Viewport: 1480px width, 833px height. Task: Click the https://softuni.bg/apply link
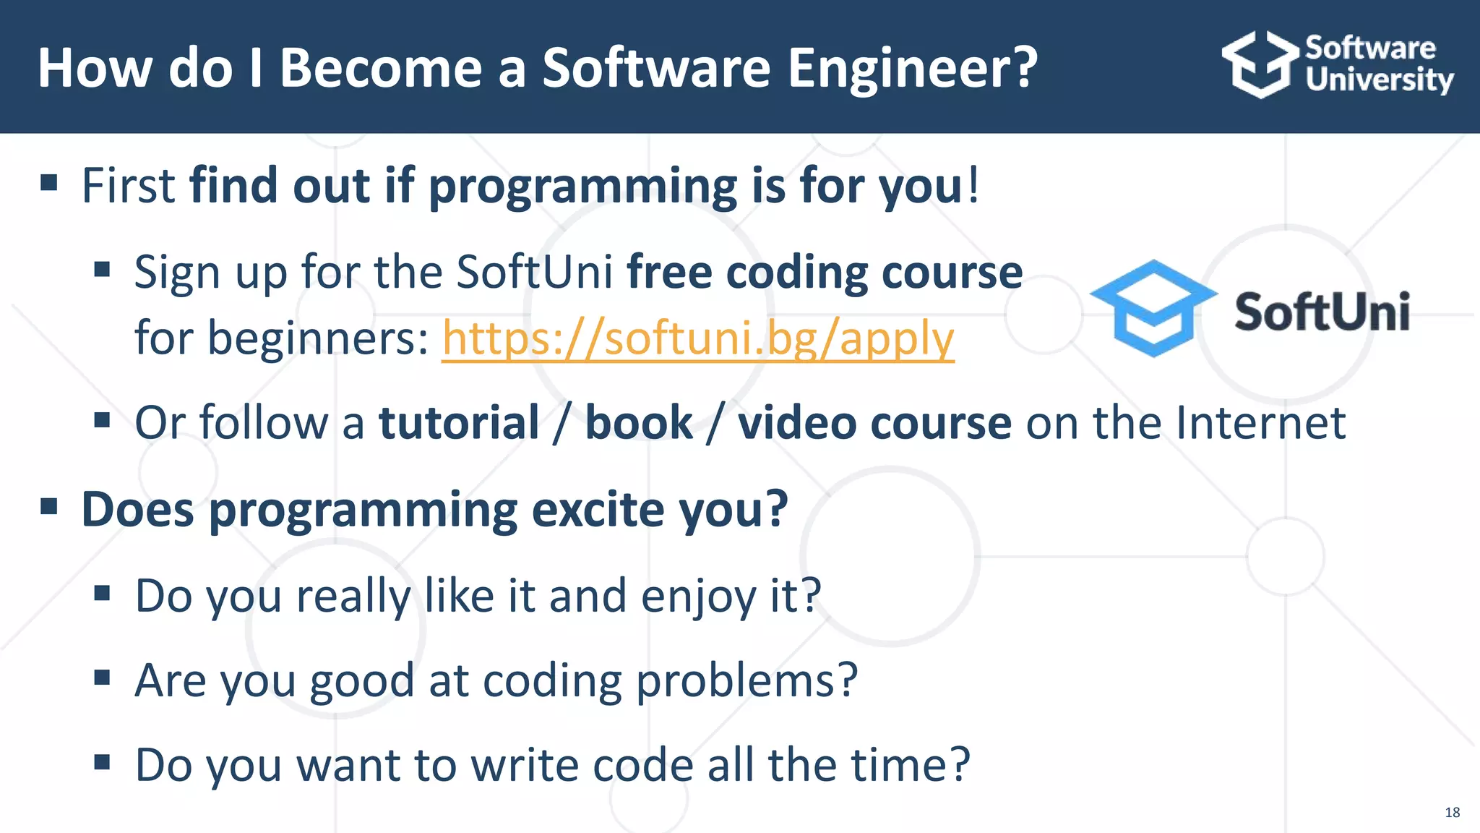pos(697,338)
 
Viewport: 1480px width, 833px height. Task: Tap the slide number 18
pos(1452,813)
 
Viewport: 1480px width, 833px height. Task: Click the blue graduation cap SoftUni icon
pos(1153,307)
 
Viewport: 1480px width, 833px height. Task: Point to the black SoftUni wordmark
pos(1322,312)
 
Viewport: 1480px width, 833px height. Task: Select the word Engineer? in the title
pos(912,68)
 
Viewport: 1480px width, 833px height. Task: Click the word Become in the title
pos(381,68)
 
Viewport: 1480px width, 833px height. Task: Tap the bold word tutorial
pos(459,422)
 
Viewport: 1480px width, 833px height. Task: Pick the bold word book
pos(638,422)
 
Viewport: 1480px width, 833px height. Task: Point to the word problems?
pos(747,681)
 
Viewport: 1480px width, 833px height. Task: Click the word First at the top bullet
pos(128,186)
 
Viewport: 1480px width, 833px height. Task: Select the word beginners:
pos(282,338)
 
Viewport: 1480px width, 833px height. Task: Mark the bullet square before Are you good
pos(102,678)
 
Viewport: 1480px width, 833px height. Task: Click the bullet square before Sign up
pos(102,270)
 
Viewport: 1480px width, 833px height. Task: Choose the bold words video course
pos(874,422)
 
